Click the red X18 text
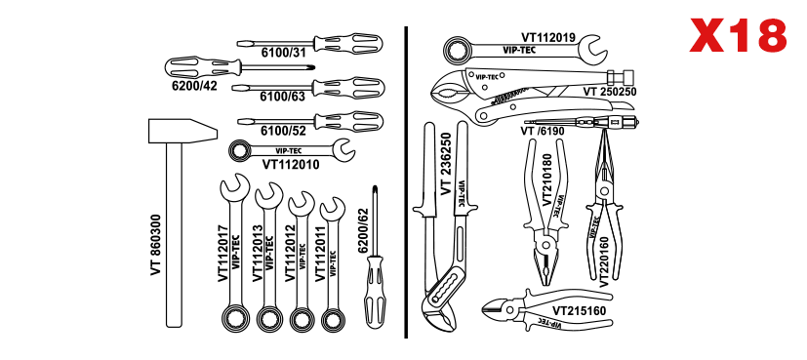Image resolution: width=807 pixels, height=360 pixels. point(738,35)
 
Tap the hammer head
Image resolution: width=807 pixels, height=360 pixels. point(182,131)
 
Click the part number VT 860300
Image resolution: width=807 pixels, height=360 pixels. point(156,245)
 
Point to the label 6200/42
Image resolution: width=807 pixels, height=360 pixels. point(194,86)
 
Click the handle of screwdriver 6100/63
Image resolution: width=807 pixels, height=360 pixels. point(349,88)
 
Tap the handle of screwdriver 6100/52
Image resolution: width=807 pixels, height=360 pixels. point(349,121)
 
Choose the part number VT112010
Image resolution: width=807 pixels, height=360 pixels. point(291,165)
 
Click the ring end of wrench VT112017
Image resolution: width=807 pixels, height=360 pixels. point(235,317)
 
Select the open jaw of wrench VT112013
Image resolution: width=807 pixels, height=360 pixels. point(268,194)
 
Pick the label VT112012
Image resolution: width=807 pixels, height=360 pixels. point(290,253)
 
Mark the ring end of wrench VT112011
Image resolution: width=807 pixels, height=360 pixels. point(333,318)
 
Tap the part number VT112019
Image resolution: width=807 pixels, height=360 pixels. point(548,37)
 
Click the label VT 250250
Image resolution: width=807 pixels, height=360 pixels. point(610,92)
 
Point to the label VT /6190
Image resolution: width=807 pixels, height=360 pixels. point(542,131)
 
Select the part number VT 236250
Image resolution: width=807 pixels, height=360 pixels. point(446,164)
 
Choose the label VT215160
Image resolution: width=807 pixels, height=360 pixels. point(579,310)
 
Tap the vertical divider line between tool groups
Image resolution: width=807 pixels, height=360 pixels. point(406,182)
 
